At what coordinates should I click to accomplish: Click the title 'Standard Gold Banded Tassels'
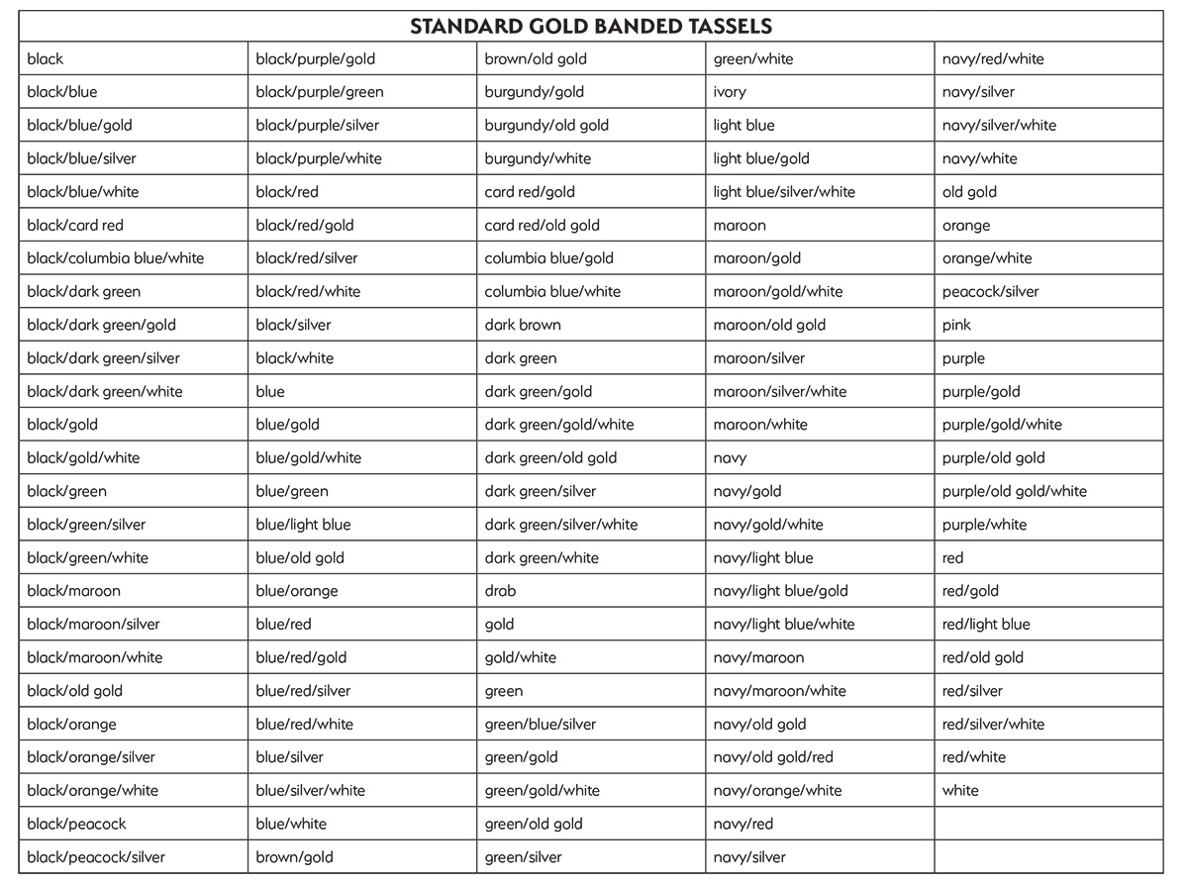click(x=591, y=26)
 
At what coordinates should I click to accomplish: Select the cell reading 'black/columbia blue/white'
click(x=116, y=258)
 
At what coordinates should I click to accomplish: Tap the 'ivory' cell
click(x=730, y=92)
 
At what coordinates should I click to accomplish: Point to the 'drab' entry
click(x=500, y=591)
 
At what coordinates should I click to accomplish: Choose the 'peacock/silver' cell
click(x=990, y=292)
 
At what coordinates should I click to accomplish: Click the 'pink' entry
click(x=956, y=325)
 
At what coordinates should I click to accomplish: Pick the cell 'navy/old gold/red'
click(x=773, y=757)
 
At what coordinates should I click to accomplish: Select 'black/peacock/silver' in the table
click(x=96, y=857)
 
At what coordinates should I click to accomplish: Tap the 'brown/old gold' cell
click(x=536, y=59)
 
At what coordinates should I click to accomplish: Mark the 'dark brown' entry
click(x=523, y=325)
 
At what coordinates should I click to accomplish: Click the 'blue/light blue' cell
click(x=303, y=525)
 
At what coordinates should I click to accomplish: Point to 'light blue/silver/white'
click(x=784, y=192)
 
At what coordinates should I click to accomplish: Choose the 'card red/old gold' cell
click(x=542, y=225)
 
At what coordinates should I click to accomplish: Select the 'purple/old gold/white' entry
click(x=1014, y=491)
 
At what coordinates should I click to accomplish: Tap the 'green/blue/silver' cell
click(x=541, y=725)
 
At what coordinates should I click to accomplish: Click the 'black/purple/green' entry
click(x=320, y=92)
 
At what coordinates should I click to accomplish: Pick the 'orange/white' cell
click(x=987, y=258)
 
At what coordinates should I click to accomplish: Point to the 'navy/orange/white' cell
click(x=777, y=791)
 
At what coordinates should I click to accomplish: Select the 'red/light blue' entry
click(x=986, y=625)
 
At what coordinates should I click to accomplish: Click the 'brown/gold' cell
click(x=294, y=857)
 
